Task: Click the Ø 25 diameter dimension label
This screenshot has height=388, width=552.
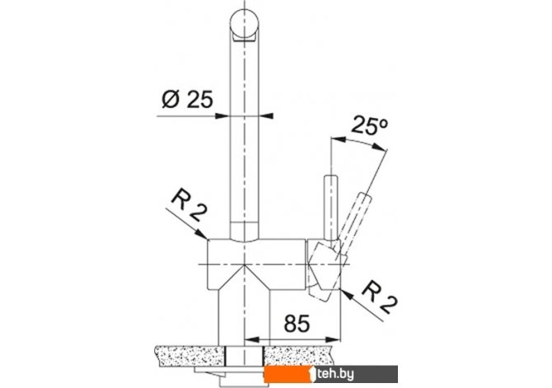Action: click(x=187, y=100)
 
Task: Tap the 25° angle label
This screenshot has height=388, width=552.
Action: click(x=369, y=126)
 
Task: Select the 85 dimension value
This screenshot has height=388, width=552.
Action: click(x=297, y=323)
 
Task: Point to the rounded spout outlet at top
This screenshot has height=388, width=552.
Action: click(x=245, y=26)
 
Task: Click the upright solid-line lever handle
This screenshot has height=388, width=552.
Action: click(x=331, y=207)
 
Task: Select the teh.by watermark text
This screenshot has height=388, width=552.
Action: click(x=335, y=374)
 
